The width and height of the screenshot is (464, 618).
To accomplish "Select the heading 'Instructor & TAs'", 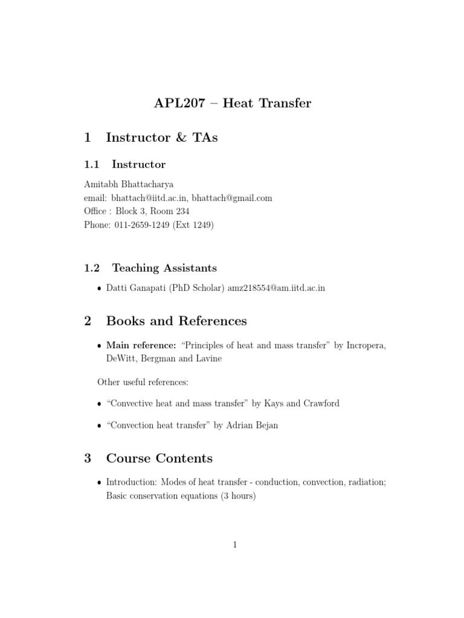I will point(161,138).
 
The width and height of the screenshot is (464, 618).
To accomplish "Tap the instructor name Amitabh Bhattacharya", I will point(129,185).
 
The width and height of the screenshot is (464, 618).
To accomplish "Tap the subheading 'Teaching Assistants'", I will point(164,267).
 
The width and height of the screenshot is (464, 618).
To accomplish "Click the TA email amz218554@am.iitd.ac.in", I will point(276,288).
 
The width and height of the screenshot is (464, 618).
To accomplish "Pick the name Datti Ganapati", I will point(133,288).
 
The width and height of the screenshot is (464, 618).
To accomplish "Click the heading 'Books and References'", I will point(176,321).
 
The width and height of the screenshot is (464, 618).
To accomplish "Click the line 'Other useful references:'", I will point(144,381).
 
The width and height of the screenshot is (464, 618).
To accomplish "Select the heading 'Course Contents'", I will point(159,458).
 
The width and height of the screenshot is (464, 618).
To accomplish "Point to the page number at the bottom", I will point(234,545).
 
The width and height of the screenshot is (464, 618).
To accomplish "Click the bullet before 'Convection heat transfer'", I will point(100,425).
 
